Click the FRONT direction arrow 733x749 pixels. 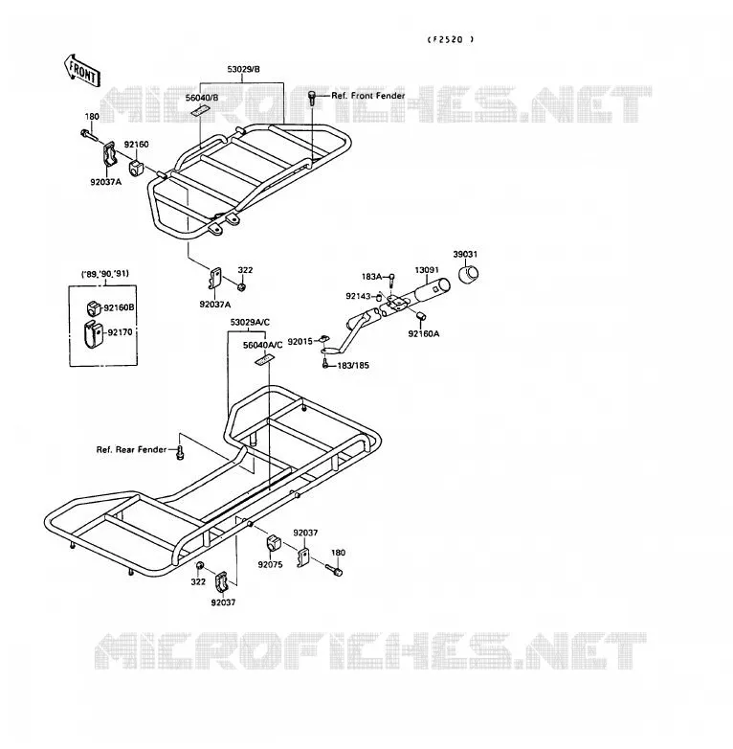82,71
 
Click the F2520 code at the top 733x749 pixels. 450,39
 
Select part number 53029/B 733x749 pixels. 243,69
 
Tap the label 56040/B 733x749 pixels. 202,98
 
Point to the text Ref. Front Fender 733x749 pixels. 367,96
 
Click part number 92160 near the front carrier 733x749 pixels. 137,145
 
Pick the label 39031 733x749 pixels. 465,254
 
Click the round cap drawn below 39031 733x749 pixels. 469,274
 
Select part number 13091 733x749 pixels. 427,270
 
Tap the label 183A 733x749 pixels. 371,277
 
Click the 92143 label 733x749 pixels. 358,296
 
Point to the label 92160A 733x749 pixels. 424,334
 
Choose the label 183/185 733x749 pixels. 353,366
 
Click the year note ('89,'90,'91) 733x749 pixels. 104,274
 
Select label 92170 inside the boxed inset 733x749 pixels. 120,332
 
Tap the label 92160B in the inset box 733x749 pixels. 119,307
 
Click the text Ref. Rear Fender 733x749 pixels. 132,449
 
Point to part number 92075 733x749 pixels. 270,564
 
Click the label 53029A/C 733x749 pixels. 250,323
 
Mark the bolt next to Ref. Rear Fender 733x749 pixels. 180,452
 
